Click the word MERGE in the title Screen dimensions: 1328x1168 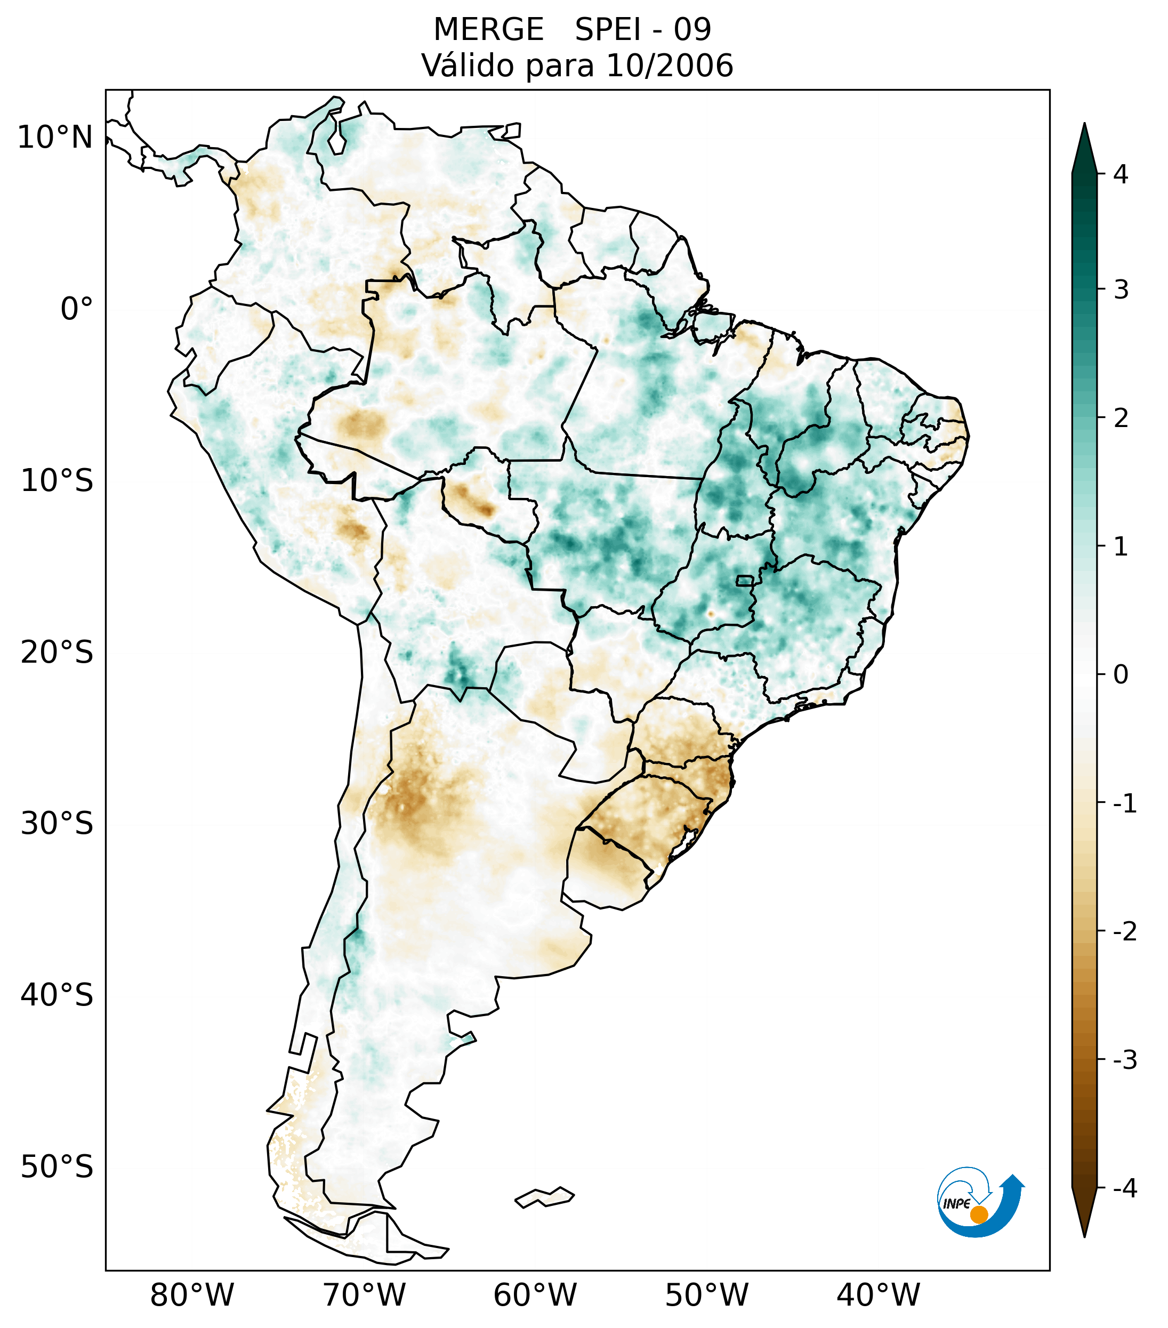pos(488,30)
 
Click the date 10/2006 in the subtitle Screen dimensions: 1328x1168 pos(670,66)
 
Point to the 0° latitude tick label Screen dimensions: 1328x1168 pos(77,309)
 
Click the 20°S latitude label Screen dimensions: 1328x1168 pos(57,653)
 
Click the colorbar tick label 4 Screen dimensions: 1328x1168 pos(1121,174)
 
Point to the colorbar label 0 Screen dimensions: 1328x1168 pos(1121,675)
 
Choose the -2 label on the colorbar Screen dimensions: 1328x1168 pos(1124,932)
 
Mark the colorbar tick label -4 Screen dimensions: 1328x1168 pos(1124,1188)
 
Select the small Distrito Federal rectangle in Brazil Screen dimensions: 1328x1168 pos(744,580)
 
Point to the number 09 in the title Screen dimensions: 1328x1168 pos(692,30)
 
